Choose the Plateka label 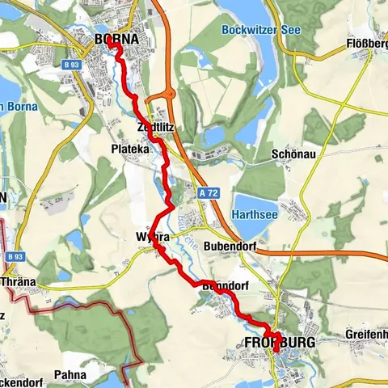[129, 149]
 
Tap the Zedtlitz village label [156, 128]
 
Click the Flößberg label [364, 44]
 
